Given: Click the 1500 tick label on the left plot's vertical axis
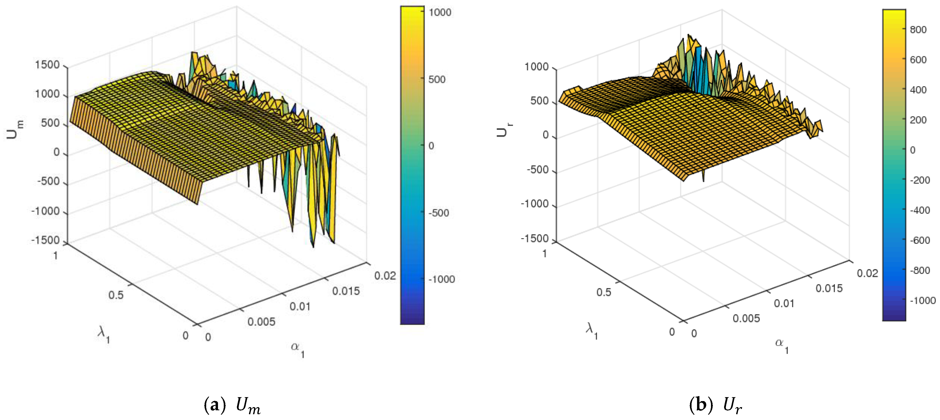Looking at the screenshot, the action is pos(47,65).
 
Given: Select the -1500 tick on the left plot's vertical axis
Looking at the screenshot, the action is pos(45,240).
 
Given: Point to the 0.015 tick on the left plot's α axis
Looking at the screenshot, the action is pos(346,291).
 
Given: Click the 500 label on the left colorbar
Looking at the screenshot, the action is pos(437,79).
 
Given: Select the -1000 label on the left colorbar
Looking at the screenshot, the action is pos(442,279).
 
